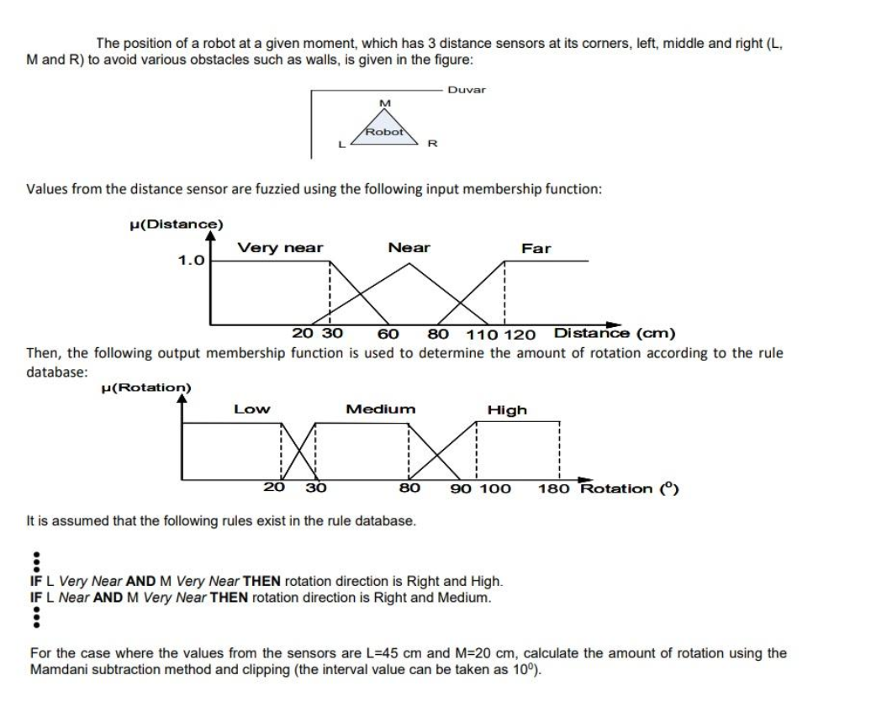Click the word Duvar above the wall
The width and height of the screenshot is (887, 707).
coord(466,89)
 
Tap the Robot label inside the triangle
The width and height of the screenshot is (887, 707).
coord(384,132)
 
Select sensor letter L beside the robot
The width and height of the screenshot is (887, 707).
coord(341,144)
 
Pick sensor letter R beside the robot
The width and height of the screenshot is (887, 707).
coord(432,144)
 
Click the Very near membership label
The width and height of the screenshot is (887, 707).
coord(280,247)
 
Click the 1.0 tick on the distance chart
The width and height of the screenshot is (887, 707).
coord(191,260)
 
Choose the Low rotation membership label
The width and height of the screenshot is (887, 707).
coord(251,409)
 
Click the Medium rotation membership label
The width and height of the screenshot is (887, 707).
coord(381,409)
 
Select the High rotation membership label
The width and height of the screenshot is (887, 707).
coord(507,409)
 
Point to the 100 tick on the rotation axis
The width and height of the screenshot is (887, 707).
coord(496,488)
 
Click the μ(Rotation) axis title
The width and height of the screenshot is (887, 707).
coord(145,388)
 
